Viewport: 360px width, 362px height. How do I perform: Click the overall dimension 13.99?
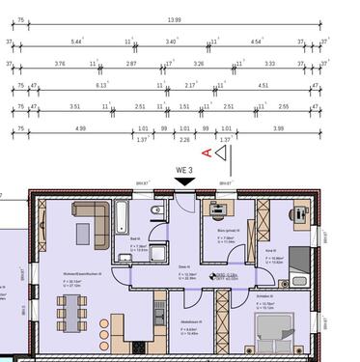174,19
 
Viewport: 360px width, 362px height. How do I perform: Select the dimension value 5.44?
77,42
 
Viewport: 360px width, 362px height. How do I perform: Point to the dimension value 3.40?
171,42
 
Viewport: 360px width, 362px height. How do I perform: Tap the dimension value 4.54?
257,42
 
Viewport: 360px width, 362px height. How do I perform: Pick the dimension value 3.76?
60,64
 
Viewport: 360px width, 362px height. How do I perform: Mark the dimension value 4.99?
80,128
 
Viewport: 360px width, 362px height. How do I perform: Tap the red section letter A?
206,153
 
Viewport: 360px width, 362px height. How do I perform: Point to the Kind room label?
270,251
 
